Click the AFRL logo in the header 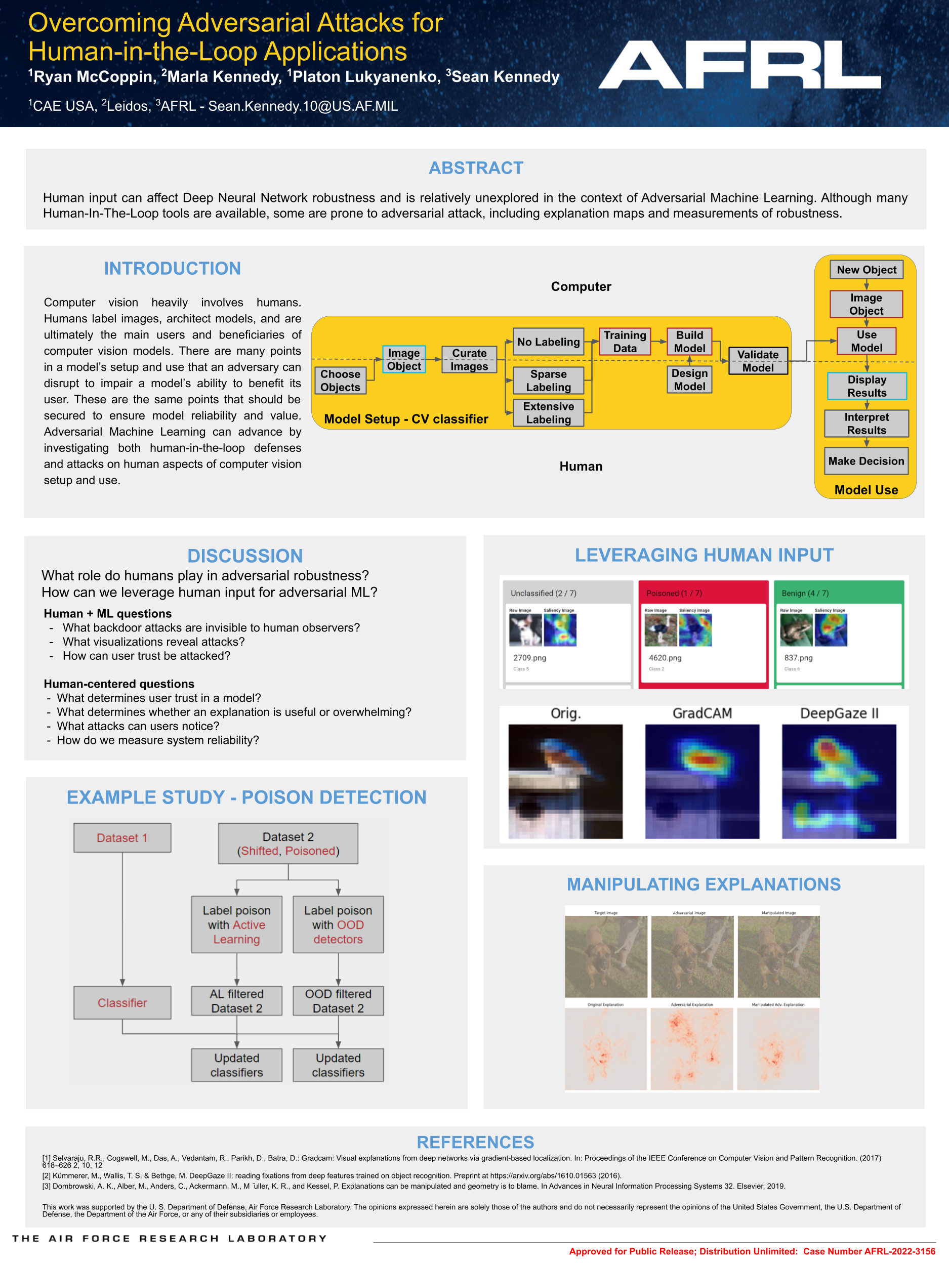click(x=739, y=64)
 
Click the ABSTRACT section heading click(x=476, y=167)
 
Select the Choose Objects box click(x=340, y=381)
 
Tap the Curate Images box click(x=469, y=360)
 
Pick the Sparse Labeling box click(x=548, y=381)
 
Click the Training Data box click(x=625, y=342)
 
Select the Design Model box click(x=689, y=379)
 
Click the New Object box click(x=866, y=270)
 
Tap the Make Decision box click(x=866, y=461)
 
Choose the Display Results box click(x=867, y=386)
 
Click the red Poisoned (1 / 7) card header click(x=703, y=593)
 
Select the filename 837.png click(x=798, y=658)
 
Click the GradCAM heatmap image click(x=702, y=781)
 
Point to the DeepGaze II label click(x=839, y=713)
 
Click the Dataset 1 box click(x=122, y=838)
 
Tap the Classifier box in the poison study click(x=122, y=1002)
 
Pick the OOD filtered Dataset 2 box click(x=338, y=1001)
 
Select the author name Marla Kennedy click(x=224, y=76)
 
